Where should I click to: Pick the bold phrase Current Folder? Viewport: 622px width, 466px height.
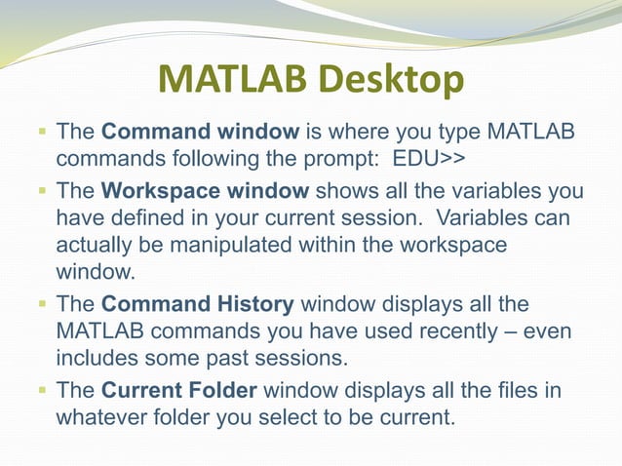179,392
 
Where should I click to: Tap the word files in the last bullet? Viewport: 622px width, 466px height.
505,392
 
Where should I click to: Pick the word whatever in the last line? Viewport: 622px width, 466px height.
101,419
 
